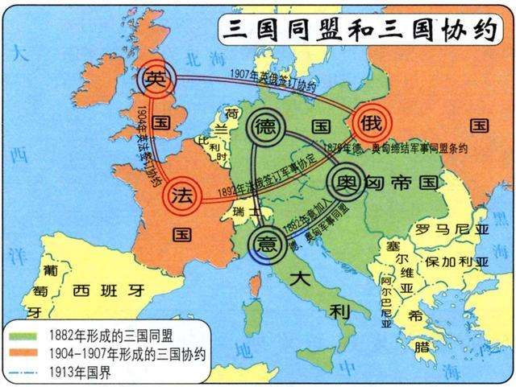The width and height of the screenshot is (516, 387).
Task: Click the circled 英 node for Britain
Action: point(154,78)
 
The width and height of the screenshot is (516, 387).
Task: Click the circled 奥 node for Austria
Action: point(345,178)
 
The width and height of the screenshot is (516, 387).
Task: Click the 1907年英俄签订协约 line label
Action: point(266,76)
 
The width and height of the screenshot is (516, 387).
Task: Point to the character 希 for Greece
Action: point(417,315)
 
